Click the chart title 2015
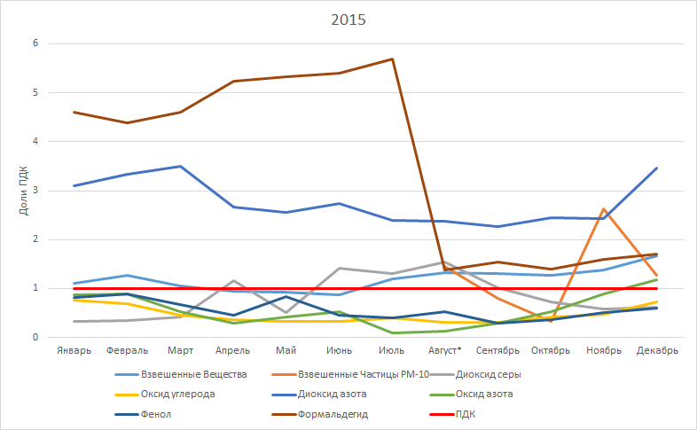pyautogui.click(x=348, y=19)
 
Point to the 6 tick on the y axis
pyautogui.click(x=36, y=43)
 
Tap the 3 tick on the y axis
pyautogui.click(x=36, y=191)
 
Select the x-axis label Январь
pyautogui.click(x=74, y=350)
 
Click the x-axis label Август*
pyautogui.click(x=443, y=350)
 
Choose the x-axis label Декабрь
pyautogui.click(x=657, y=350)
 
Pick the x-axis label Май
pyautogui.click(x=286, y=350)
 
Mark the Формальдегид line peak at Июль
pyautogui.click(x=392, y=59)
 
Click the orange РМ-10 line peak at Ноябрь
pyautogui.click(x=604, y=209)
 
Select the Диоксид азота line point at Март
pyautogui.click(x=181, y=166)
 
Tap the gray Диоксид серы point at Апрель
pyautogui.click(x=233, y=281)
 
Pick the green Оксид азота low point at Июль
pyautogui.click(x=392, y=333)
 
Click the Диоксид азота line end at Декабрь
pyautogui.click(x=657, y=168)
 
